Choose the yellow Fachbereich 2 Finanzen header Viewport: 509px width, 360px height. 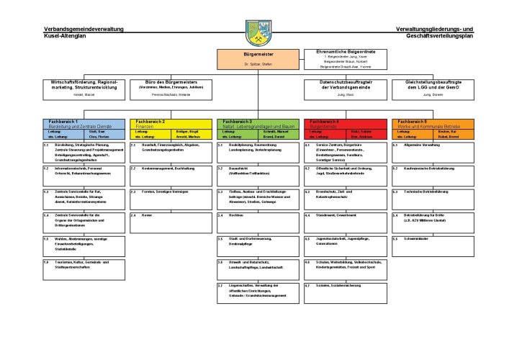[171, 124]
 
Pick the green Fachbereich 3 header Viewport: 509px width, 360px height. [258, 124]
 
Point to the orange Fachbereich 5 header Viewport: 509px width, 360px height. [431, 124]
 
